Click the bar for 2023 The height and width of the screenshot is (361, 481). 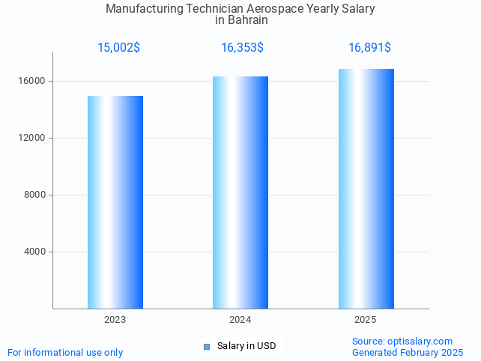[x=115, y=202]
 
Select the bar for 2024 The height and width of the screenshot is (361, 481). [x=240, y=192]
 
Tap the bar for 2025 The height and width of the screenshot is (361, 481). [x=366, y=189]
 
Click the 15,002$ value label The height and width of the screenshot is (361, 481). [x=118, y=48]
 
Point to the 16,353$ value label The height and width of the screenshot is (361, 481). [x=242, y=48]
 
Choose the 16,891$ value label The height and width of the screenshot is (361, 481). [x=369, y=48]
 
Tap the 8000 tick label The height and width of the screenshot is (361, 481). [x=35, y=195]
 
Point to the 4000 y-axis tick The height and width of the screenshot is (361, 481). [x=35, y=252]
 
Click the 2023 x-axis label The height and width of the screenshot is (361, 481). [x=115, y=320]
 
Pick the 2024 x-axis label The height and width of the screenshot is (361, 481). [x=240, y=320]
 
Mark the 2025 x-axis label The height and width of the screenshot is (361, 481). [x=366, y=320]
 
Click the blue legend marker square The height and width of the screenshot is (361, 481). [x=207, y=346]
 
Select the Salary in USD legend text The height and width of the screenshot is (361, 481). [x=246, y=346]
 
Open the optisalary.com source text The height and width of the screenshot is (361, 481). [x=402, y=341]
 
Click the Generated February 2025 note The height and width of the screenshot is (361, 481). [x=408, y=352]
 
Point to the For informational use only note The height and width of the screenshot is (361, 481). [x=65, y=352]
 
